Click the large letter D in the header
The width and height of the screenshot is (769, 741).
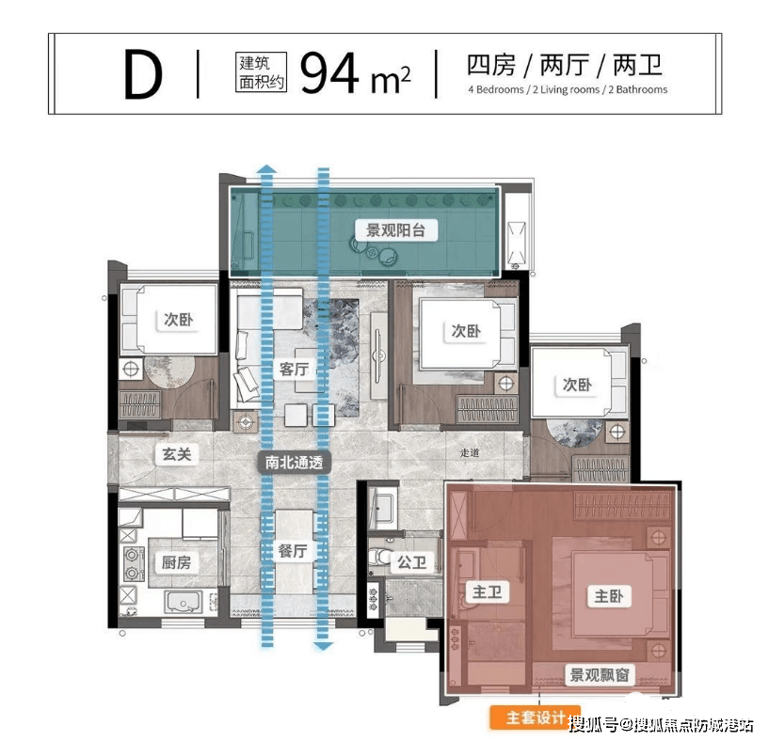142,74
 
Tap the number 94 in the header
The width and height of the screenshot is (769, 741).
329,73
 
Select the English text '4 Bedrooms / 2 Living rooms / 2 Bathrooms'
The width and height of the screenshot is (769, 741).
568,89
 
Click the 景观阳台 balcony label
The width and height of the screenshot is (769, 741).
395,230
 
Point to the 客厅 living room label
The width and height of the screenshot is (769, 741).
294,369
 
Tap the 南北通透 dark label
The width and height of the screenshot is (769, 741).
295,462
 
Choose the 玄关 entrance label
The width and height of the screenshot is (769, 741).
177,454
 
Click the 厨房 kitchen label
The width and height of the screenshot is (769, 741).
177,562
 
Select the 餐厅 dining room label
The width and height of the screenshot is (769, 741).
293,551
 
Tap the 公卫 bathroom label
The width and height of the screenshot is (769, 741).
412,562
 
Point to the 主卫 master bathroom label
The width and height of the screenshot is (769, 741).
487,592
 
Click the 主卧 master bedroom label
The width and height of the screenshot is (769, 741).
609,596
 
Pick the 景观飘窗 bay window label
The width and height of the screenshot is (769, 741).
600,675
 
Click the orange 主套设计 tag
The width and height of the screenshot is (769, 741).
536,718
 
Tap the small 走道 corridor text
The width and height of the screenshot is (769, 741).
470,453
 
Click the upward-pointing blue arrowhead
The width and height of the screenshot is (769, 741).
266,169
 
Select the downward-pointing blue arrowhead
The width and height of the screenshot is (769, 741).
323,646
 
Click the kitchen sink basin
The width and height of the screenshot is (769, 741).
184,603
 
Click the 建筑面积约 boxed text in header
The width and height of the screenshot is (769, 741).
261,72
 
